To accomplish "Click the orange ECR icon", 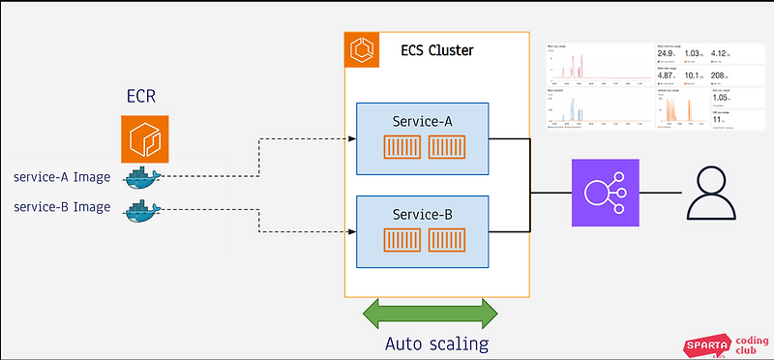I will [144, 139].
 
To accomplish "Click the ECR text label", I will [143, 99].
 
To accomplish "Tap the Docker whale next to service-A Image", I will [145, 177].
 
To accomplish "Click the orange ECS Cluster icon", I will [363, 49].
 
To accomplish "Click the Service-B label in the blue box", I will [422, 213].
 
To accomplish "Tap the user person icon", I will [711, 193].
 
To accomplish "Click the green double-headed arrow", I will [429, 314].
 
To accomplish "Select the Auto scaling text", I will [435, 344].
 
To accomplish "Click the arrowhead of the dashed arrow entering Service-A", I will [351, 138].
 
